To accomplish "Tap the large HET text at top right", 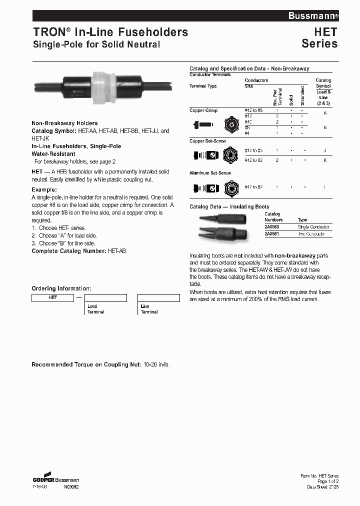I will pos(325,32).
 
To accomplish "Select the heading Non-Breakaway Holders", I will pos(64,123).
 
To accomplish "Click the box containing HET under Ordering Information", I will pos(53,297).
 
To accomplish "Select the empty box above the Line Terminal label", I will pos(158,297).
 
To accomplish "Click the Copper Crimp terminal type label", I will pos(203,110).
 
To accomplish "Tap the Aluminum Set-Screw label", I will pos(210,172).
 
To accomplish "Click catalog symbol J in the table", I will pos(325,150).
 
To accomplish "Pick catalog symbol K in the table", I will pos(325,160).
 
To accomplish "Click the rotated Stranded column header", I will pos(302,95).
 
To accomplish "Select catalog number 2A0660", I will pos(272,227).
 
